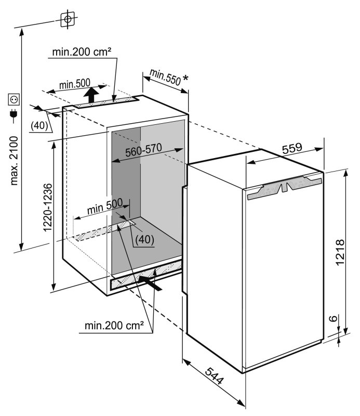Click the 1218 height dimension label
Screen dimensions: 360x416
(340, 252)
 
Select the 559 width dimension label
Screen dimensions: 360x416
(292, 148)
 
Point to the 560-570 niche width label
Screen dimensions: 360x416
(143, 150)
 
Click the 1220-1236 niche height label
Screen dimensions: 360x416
(48, 207)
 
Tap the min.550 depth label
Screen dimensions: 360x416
(165, 77)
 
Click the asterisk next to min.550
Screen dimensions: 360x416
(185, 79)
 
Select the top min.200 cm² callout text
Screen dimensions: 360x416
(82, 51)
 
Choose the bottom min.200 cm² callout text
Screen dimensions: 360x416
(114, 326)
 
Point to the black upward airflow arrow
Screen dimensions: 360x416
(91, 95)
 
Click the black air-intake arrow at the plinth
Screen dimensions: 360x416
(150, 283)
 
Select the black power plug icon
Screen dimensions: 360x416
(14, 114)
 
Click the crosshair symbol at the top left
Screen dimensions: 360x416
(68, 19)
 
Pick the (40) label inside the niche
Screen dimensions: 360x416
(145, 240)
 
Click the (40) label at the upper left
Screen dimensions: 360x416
(39, 125)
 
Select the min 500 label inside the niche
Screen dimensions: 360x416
(105, 206)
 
